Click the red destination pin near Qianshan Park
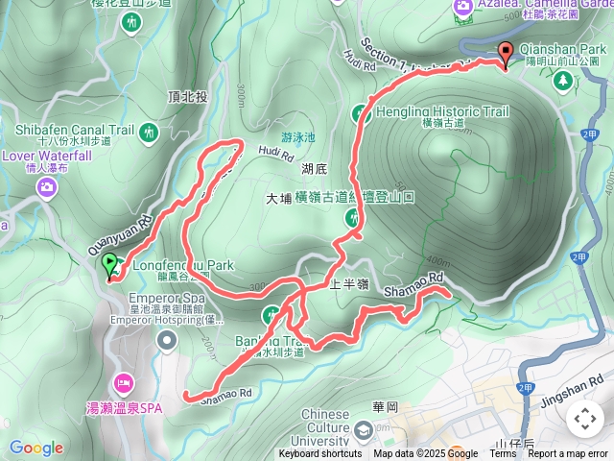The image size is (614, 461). (x=506, y=55)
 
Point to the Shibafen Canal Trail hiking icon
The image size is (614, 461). (x=149, y=132)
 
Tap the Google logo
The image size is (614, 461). (x=35, y=448)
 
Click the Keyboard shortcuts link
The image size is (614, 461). (x=319, y=454)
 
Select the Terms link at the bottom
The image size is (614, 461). (x=503, y=454)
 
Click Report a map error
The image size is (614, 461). (x=568, y=454)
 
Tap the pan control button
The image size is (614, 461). (x=584, y=418)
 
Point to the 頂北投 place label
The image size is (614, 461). (x=187, y=98)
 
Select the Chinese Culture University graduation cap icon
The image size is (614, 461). (x=363, y=429)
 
